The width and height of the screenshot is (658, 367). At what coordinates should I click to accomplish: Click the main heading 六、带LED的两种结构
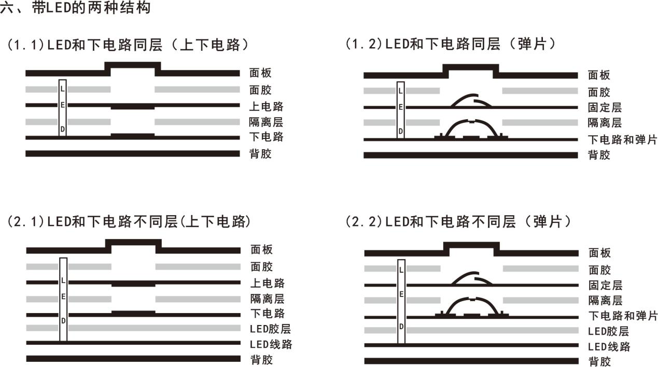coord(76,8)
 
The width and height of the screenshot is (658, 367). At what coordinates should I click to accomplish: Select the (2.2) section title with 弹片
coord(458,222)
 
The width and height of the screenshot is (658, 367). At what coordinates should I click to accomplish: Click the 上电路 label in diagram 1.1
coord(266,106)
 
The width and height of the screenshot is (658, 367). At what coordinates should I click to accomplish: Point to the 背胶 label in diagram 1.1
coord(261,154)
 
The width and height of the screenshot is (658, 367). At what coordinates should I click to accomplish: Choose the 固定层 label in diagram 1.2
coord(605,107)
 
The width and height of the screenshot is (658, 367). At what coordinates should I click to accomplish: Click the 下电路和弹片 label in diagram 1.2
coord(622,140)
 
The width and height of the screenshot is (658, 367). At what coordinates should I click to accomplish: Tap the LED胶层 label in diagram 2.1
coord(270,329)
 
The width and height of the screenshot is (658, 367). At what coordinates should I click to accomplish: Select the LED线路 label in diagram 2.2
coord(609,347)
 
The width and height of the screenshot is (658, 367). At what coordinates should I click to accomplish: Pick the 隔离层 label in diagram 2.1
coord(268,299)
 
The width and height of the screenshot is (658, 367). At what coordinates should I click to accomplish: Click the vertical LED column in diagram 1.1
coord(63,108)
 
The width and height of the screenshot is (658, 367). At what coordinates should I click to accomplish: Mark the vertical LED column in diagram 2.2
coord(401,302)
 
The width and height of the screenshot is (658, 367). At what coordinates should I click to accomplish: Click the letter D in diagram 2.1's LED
coord(63,321)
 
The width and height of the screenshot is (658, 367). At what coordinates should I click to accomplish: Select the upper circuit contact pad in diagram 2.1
coord(133,284)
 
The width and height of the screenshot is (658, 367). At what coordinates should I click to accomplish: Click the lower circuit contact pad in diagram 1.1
coord(133,135)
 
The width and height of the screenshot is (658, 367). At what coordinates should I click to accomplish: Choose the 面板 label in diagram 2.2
coord(599,253)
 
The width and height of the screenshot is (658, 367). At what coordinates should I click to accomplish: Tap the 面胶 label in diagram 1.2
coord(599,92)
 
